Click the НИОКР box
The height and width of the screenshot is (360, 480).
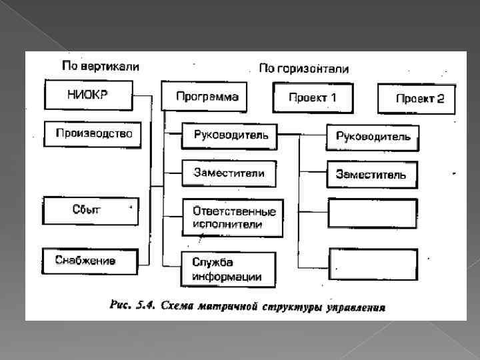[88, 95]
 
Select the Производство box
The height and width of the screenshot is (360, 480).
[93, 134]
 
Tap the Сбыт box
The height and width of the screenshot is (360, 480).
[91, 211]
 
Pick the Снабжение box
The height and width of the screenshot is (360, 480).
[90, 261]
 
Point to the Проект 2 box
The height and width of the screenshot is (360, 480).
[417, 99]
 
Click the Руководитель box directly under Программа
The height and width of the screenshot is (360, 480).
[230, 135]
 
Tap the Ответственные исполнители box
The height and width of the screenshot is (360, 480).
[233, 217]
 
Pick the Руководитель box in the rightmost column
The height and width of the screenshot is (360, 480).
[373, 137]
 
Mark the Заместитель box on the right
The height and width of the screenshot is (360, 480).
[372, 175]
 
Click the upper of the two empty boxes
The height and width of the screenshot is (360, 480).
[373, 214]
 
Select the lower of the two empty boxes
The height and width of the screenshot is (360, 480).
[373, 263]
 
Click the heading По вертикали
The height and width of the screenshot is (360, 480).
[100, 66]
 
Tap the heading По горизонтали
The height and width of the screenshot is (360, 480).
[303, 68]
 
